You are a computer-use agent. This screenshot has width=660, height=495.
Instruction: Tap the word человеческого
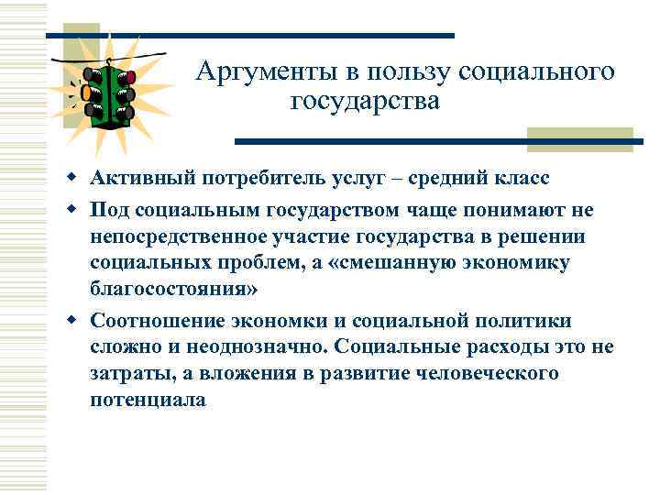point(479,374)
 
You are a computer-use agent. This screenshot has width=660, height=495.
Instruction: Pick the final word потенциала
point(148,401)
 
